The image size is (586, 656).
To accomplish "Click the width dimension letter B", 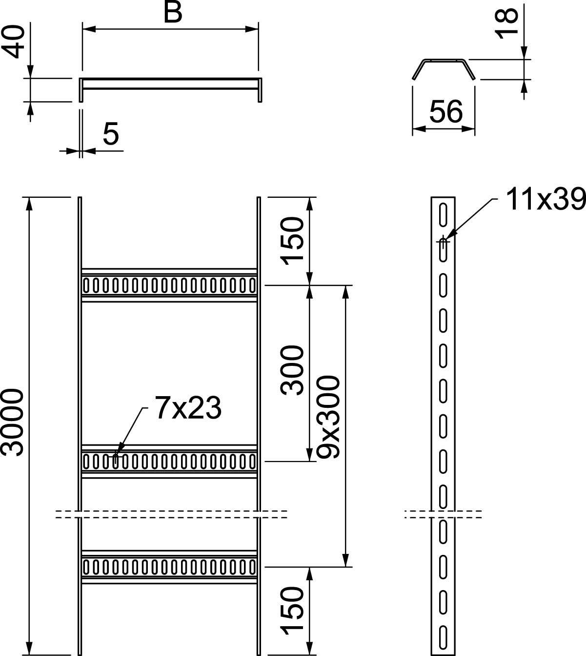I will pyautogui.click(x=172, y=13).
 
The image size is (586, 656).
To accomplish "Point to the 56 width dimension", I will pyautogui.click(x=445, y=111).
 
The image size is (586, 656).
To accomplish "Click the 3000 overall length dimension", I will pyautogui.click(x=13, y=423).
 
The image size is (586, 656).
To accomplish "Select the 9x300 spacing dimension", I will pyautogui.click(x=327, y=417).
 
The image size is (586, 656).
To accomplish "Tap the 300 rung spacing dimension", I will pyautogui.click(x=293, y=369).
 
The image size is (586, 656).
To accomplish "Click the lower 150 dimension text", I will pyautogui.click(x=293, y=611).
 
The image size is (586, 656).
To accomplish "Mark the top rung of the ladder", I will pyautogui.click(x=169, y=285).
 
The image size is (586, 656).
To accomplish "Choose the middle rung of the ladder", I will pyautogui.click(x=169, y=461).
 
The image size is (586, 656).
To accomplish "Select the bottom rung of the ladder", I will pyautogui.click(x=169, y=567).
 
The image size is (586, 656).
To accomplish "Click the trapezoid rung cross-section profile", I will pyautogui.click(x=443, y=68).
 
